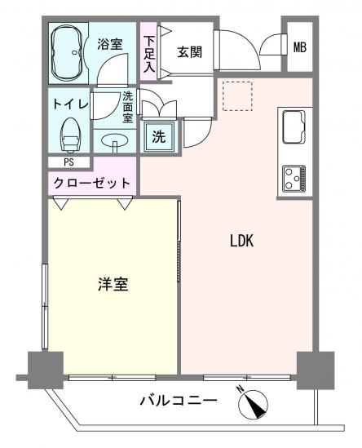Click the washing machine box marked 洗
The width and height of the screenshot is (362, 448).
[x=159, y=136]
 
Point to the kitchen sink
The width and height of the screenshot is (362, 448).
[x=294, y=126]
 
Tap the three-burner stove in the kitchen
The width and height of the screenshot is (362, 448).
[x=294, y=178]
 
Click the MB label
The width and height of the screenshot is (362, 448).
[x=300, y=47]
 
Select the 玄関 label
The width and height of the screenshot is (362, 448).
[x=190, y=52]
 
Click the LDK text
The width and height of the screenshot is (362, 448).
[x=242, y=241]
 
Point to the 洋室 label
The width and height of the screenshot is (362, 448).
[x=113, y=284]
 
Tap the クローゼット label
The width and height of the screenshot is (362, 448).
[x=92, y=183]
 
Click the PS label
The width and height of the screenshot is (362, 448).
[x=68, y=162]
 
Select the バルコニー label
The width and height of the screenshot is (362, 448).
[x=179, y=401]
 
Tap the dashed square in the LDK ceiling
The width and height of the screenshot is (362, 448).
[x=237, y=96]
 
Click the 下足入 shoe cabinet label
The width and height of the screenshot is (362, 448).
[x=149, y=55]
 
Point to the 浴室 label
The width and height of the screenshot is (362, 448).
[x=110, y=44]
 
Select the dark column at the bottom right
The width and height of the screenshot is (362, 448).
[x=316, y=370]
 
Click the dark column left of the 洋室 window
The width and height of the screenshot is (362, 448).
[x=46, y=370]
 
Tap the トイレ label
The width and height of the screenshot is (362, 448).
[x=70, y=104]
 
